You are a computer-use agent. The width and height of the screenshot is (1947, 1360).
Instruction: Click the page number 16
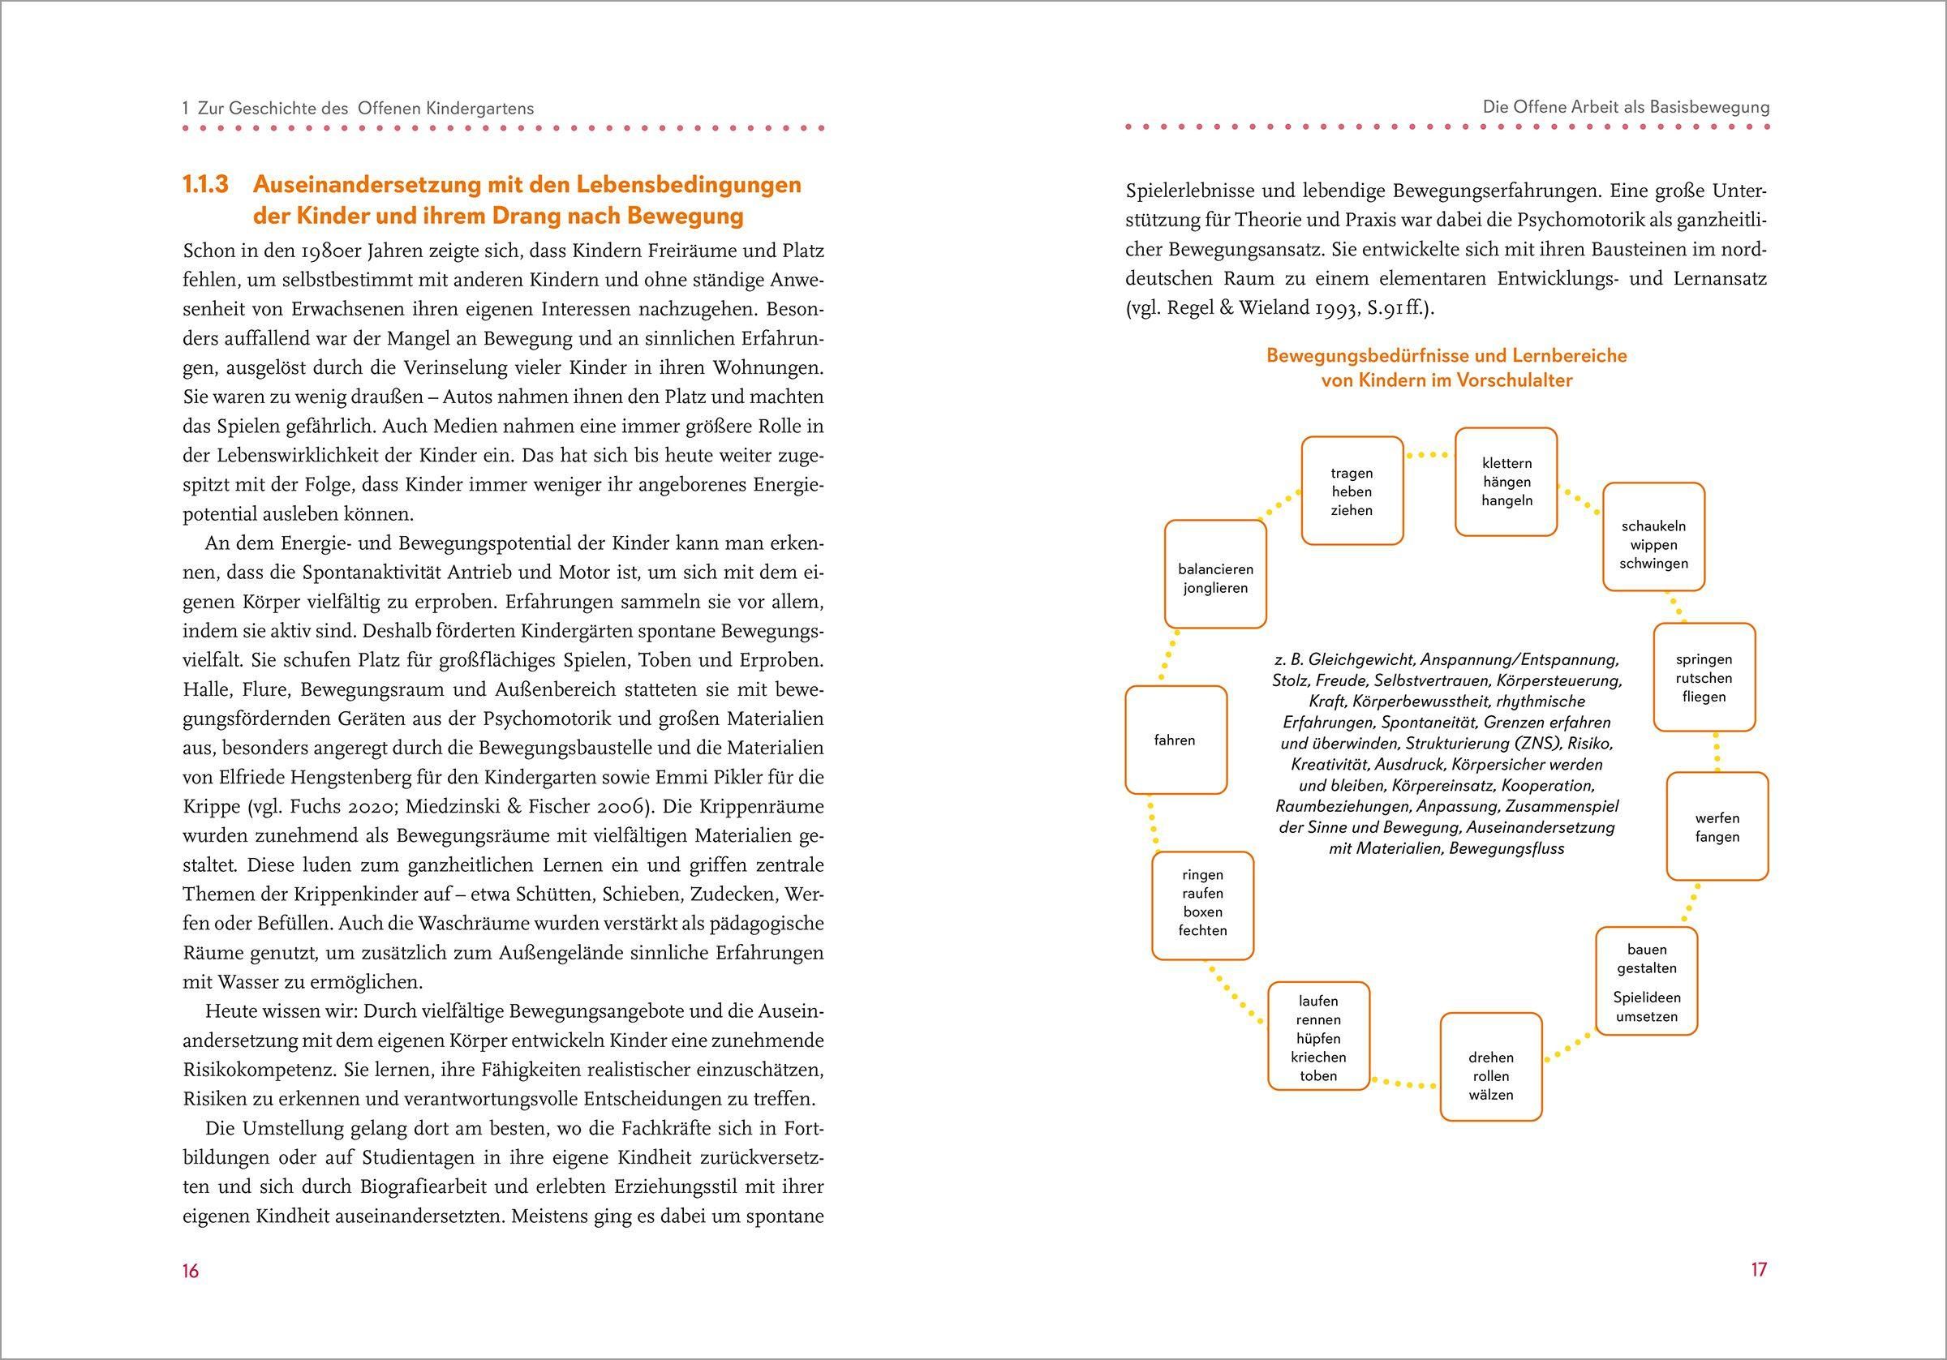191,1270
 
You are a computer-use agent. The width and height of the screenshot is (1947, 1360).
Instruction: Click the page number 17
1758,1269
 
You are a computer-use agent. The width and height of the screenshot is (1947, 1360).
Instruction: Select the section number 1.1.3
206,185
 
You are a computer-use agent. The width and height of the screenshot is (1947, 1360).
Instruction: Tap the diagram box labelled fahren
1176,740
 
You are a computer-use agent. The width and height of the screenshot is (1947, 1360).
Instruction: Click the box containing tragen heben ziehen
1352,491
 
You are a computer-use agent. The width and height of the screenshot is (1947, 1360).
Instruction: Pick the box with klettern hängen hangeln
1506,482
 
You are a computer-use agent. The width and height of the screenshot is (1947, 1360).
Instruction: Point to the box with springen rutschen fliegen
1704,677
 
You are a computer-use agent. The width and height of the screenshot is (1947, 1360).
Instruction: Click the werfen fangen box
1717,826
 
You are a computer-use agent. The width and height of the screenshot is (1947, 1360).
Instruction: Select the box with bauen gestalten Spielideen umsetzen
1646,982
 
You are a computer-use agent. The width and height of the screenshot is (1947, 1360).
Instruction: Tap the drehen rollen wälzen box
1491,1075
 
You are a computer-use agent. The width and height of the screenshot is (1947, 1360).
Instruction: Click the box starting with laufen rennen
1318,1037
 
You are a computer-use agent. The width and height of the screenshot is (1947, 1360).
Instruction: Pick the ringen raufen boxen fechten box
1202,902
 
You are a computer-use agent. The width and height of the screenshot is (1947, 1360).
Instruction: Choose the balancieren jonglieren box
1215,578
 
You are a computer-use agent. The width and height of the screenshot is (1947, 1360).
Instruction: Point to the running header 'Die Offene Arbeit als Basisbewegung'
1626,108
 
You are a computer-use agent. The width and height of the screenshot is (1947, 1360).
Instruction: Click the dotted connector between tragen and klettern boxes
1429,455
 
